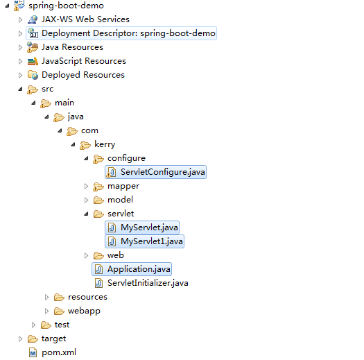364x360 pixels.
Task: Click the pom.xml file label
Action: [59, 352]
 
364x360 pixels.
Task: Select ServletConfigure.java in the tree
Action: [162, 172]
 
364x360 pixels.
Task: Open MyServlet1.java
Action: [151, 241]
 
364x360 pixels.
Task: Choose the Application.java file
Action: [139, 269]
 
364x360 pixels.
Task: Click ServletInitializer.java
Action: [148, 283]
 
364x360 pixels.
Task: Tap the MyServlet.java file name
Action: [149, 228]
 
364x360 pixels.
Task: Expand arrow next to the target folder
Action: [20, 339]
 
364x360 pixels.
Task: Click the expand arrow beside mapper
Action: [86, 187]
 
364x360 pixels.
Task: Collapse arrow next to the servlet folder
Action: [86, 214]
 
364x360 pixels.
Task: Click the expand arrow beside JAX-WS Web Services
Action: [20, 19]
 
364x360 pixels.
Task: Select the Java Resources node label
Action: [72, 47]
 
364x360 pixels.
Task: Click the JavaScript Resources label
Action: [84, 61]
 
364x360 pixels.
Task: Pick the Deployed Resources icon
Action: [33, 75]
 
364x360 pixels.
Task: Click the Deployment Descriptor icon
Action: [33, 33]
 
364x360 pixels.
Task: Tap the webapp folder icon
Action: [59, 311]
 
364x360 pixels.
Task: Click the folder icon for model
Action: [98, 200]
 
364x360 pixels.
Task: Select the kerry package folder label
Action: [105, 144]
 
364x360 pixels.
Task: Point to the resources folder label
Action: [87, 297]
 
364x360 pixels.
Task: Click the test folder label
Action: [62, 325]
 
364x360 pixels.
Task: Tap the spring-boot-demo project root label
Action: [66, 6]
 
